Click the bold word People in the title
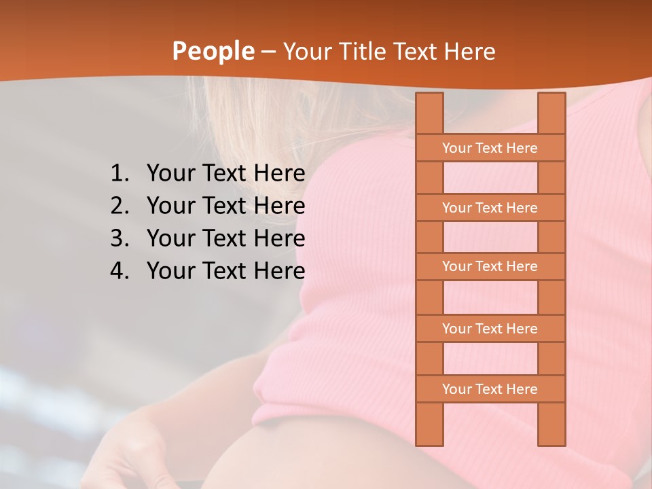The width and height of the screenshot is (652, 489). click(213, 52)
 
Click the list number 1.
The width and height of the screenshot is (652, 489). click(119, 174)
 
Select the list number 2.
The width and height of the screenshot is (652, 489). click(119, 206)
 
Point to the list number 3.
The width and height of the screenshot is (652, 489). click(119, 238)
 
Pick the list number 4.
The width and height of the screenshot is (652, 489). click(119, 271)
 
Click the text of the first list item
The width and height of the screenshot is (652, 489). click(225, 174)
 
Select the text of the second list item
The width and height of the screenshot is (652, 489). click(225, 206)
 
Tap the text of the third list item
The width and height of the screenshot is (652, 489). click(225, 238)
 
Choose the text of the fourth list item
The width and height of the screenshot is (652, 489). click(225, 271)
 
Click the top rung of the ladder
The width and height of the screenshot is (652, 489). click(490, 148)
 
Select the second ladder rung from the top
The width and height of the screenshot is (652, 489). click(490, 208)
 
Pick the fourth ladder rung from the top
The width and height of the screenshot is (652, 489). click(490, 329)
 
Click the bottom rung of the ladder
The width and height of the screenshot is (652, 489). click(490, 389)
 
